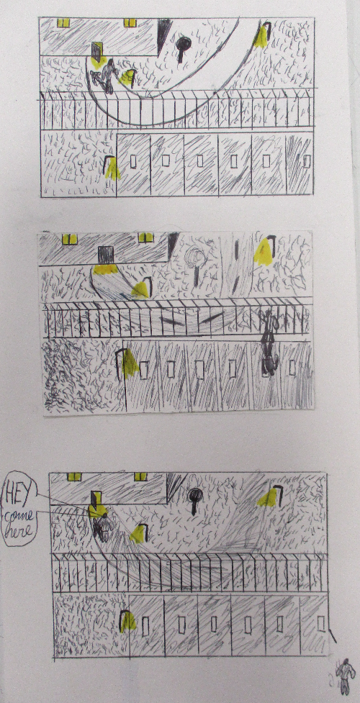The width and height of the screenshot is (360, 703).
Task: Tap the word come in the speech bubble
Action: [x=18, y=518]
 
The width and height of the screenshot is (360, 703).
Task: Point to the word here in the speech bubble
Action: [x=19, y=532]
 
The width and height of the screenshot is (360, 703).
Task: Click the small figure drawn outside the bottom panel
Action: [x=344, y=676]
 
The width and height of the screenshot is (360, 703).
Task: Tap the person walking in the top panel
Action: [x=106, y=76]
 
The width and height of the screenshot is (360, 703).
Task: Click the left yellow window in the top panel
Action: [x=63, y=23]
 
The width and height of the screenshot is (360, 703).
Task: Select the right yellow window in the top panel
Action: [x=130, y=23]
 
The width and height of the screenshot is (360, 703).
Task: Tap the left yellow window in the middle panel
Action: [x=70, y=239]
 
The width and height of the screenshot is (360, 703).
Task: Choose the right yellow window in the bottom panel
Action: [x=141, y=476]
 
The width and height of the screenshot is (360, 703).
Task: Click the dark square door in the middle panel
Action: [x=106, y=255]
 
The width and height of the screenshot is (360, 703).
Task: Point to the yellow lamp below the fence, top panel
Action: [x=112, y=168]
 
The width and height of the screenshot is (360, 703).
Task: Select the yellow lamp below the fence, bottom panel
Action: [x=128, y=621]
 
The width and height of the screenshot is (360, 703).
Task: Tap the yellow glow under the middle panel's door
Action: [x=106, y=269]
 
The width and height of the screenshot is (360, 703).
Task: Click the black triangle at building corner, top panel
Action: [x=163, y=36]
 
